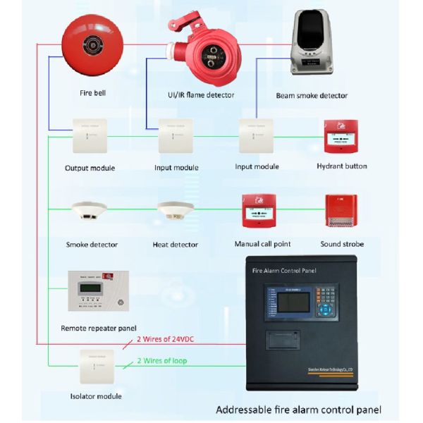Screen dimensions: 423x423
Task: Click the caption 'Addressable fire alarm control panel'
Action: [x=298, y=410]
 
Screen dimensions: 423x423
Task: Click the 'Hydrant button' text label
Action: [x=341, y=166]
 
